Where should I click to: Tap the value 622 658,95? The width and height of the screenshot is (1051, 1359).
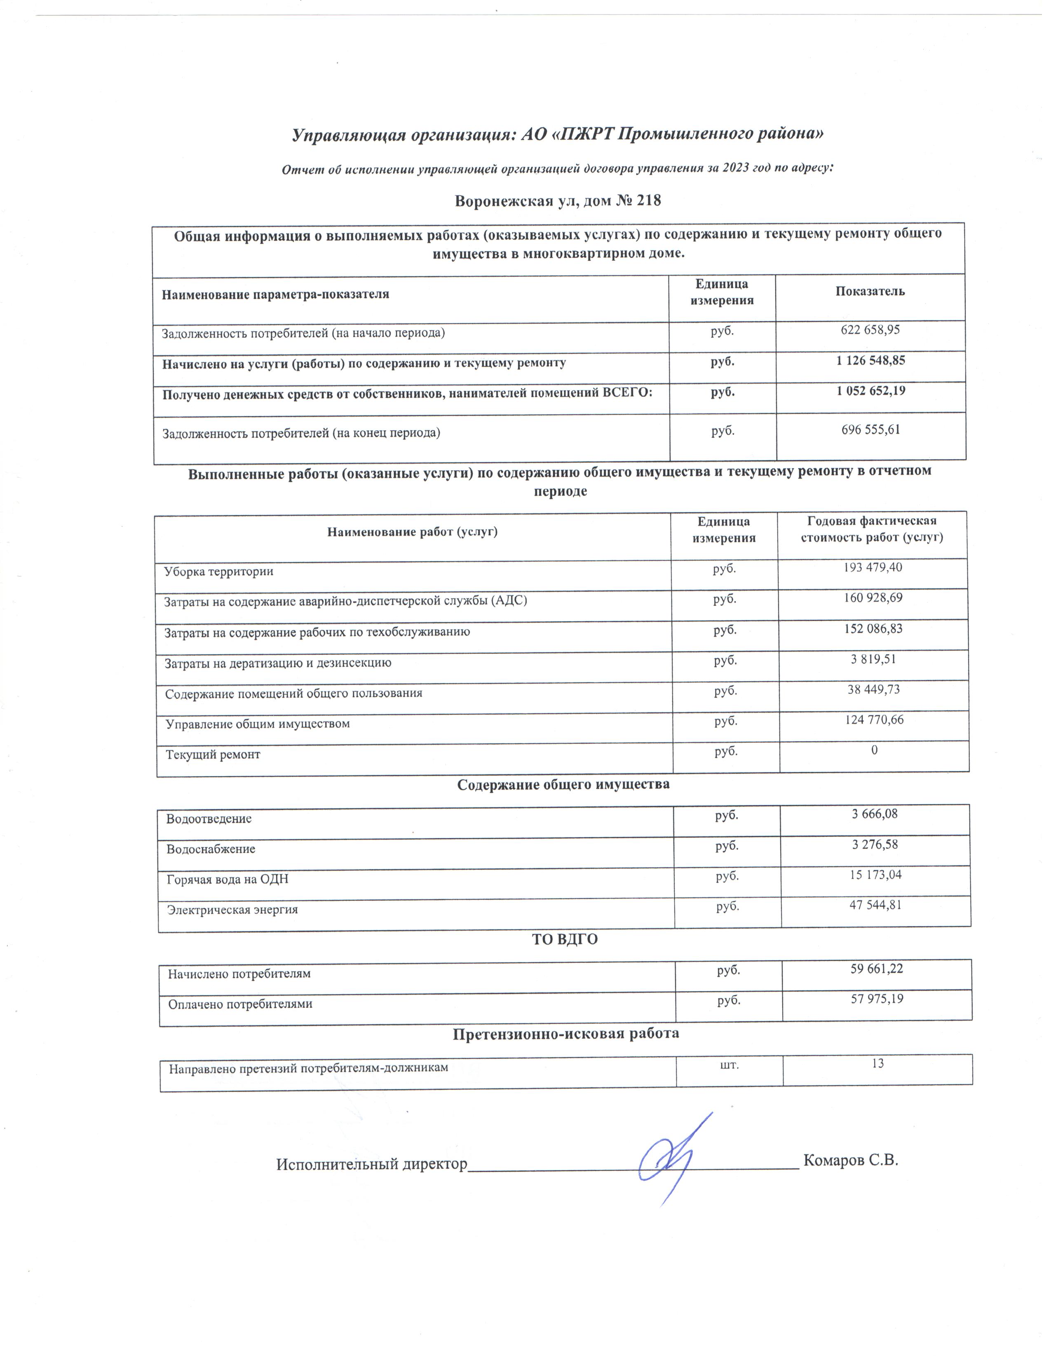[870, 330]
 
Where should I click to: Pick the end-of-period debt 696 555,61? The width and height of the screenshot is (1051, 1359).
[870, 430]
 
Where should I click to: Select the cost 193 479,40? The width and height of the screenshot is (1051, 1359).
[872, 567]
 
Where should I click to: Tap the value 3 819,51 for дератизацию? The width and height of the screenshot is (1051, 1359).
[873, 658]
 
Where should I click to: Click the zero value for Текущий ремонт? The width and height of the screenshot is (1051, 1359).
[874, 750]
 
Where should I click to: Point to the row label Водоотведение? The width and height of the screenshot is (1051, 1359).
[209, 818]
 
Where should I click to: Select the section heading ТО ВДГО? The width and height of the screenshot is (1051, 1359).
[565, 940]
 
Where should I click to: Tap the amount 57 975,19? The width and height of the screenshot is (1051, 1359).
[877, 999]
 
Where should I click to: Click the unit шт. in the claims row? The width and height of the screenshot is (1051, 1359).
[729, 1065]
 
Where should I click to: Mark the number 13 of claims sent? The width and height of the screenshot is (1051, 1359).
[877, 1063]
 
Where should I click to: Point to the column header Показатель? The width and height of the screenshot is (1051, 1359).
[870, 291]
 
